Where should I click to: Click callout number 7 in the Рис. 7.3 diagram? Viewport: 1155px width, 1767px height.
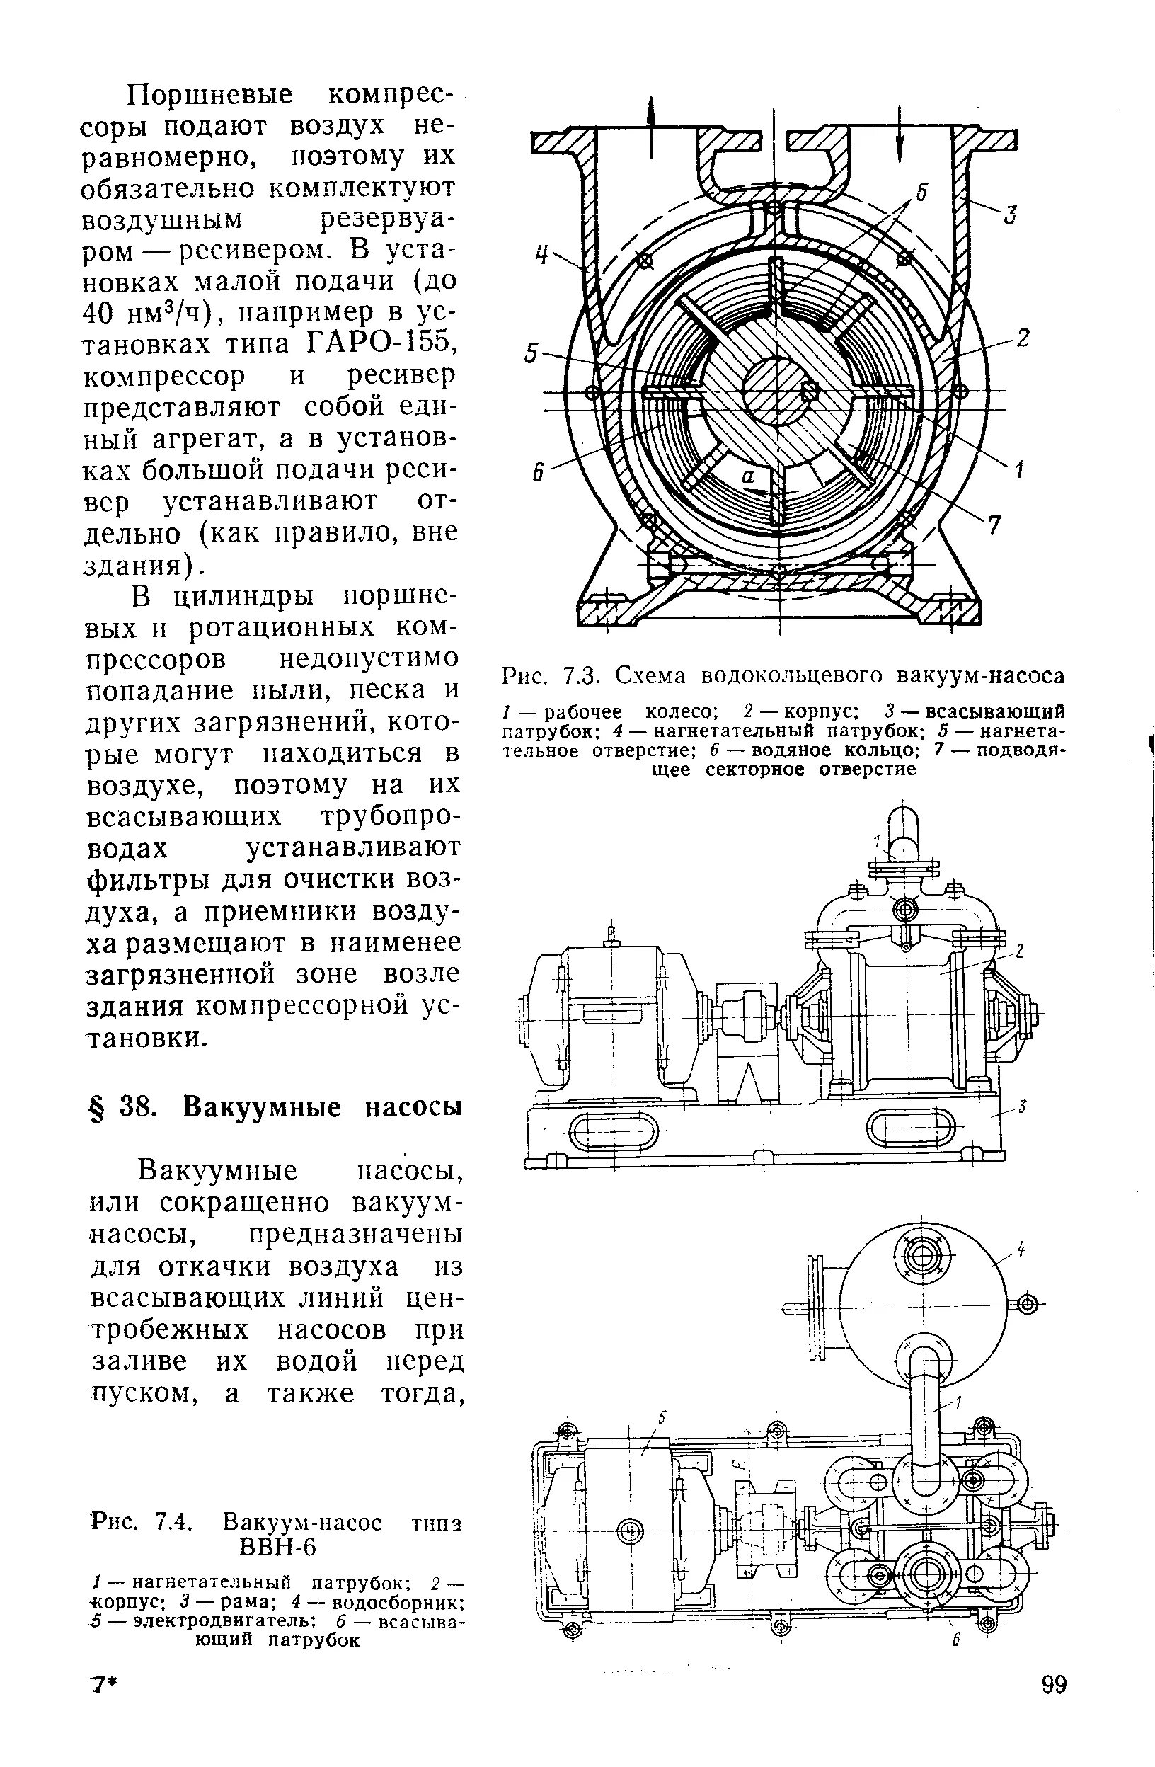tap(994, 526)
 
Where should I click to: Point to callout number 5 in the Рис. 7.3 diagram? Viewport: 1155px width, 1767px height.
tap(531, 354)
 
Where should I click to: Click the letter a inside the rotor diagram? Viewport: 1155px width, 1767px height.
tap(749, 479)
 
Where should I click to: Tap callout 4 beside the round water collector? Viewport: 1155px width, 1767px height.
tap(1021, 1250)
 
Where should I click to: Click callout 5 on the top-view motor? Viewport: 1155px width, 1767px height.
tap(663, 1419)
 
